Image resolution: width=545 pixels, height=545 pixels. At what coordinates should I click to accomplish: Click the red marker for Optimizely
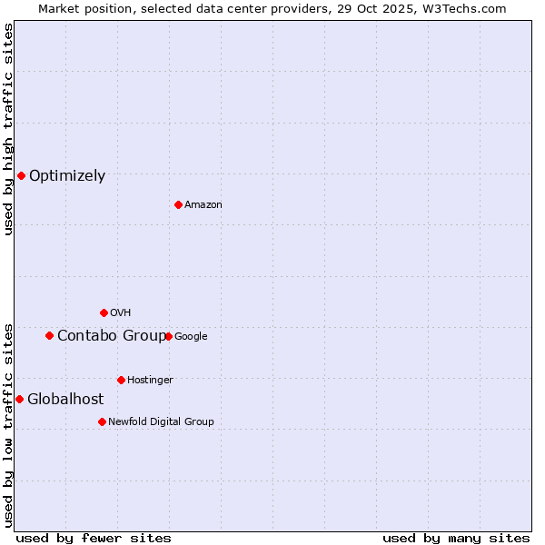click(x=21, y=175)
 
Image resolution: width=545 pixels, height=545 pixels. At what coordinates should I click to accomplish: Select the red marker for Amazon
click(x=178, y=204)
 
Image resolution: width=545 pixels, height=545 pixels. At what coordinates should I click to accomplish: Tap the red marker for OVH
click(x=104, y=312)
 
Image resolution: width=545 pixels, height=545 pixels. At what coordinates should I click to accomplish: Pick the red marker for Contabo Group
click(x=49, y=335)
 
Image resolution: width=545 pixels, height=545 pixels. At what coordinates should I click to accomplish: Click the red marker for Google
click(x=168, y=336)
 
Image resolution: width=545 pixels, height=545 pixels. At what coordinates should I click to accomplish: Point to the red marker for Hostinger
click(x=121, y=380)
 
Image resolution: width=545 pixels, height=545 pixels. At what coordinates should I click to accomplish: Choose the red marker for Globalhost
click(x=19, y=399)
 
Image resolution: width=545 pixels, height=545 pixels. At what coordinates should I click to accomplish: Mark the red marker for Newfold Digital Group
click(x=102, y=421)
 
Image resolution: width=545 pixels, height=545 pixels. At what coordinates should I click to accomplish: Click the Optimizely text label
click(x=67, y=176)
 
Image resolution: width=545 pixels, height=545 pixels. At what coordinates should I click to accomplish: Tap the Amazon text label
click(x=203, y=205)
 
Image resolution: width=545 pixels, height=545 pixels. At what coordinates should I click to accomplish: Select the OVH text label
click(x=121, y=313)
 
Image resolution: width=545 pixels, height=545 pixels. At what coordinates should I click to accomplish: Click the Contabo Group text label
click(x=111, y=336)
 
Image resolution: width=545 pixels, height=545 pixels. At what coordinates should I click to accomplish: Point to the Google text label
click(x=191, y=337)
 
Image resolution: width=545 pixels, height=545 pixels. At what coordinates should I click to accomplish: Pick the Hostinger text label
click(x=150, y=381)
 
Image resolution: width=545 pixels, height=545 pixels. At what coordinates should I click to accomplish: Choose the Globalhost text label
click(x=65, y=400)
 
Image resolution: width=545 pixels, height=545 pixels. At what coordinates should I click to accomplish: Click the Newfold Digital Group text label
click(x=161, y=422)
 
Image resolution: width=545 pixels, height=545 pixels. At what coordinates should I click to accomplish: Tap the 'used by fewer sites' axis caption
click(x=94, y=538)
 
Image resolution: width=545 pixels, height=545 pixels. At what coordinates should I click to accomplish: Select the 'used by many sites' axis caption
click(x=456, y=538)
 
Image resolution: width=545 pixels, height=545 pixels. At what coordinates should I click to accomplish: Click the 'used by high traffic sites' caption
click(x=8, y=129)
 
